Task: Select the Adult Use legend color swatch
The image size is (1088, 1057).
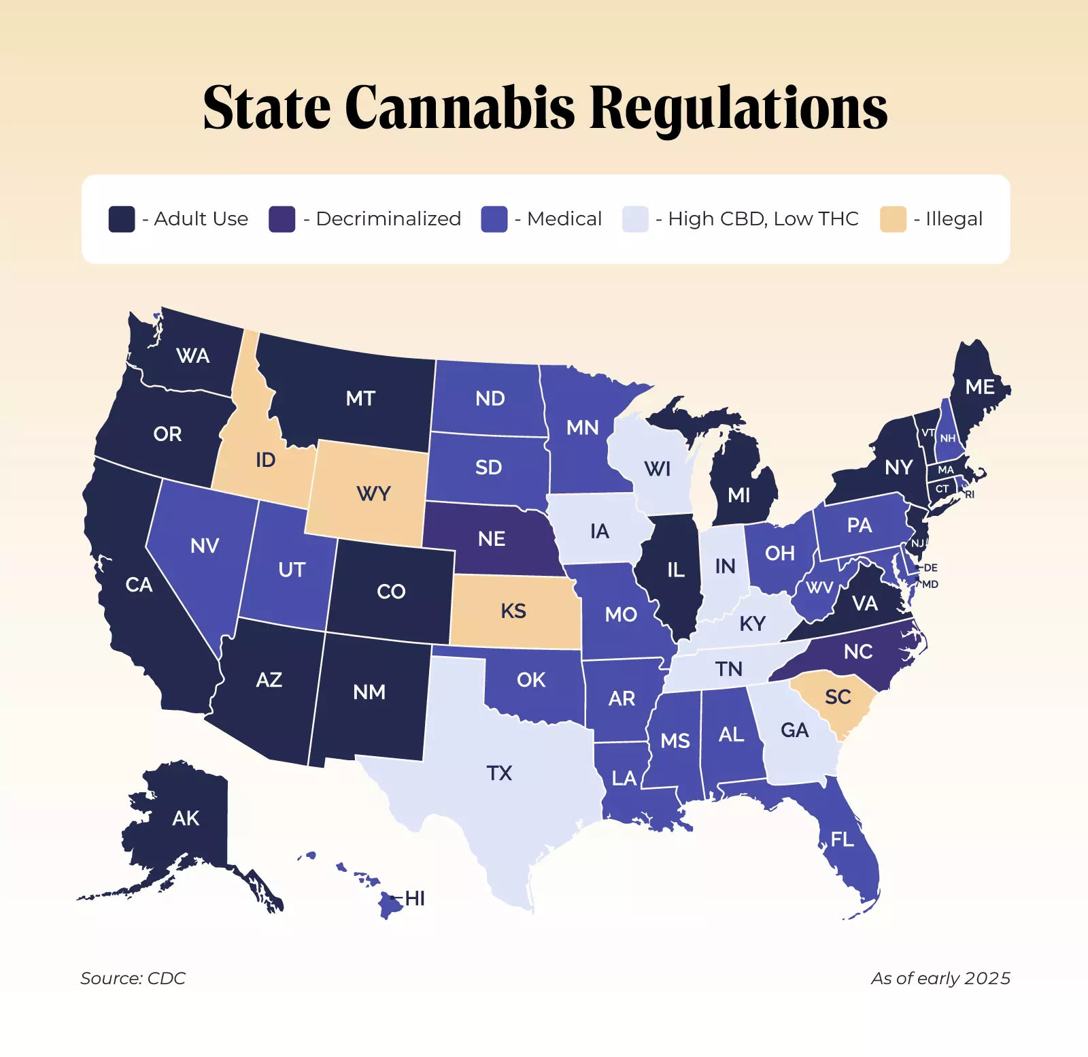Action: [122, 219]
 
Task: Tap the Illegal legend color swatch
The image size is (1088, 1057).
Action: [893, 219]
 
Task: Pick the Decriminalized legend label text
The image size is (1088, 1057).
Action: [388, 219]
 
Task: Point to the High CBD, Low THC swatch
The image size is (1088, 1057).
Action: [635, 219]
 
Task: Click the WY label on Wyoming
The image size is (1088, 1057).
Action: [373, 493]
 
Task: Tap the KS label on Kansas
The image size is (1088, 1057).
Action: [513, 611]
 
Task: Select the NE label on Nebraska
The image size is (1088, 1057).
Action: [491, 539]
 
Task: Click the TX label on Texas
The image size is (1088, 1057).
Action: [499, 773]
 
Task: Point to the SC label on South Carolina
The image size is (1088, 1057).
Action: [838, 697]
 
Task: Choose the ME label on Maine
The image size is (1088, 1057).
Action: [980, 387]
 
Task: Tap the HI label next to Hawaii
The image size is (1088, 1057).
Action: [415, 898]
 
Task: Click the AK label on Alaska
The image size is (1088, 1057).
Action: [186, 818]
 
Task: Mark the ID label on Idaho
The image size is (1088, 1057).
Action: [265, 460]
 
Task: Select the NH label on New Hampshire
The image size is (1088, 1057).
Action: [948, 438]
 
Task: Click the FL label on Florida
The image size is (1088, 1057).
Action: [842, 840]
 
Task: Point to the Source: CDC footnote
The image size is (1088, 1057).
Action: [133, 978]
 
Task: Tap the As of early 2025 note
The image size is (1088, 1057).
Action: [940, 978]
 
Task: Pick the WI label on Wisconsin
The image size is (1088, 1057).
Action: [657, 469]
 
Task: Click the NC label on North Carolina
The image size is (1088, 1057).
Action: [857, 652]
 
